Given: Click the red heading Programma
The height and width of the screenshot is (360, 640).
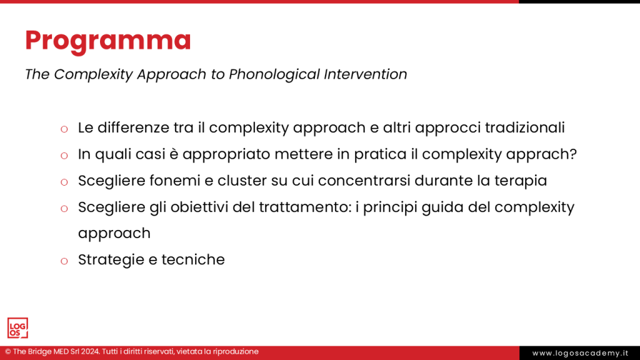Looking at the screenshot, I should (108, 41).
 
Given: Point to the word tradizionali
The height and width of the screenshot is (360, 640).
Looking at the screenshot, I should (519, 127).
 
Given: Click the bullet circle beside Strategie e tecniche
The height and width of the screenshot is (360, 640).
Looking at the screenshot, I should (64, 261).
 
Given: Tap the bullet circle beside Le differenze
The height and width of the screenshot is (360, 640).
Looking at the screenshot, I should (64, 129).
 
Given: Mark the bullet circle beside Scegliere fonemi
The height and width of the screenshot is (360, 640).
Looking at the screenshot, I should (64, 182).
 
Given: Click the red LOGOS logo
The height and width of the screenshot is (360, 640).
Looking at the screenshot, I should (17, 328).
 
